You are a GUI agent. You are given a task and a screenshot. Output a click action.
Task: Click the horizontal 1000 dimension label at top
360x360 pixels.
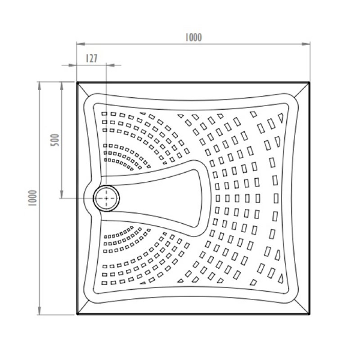tap(193, 38)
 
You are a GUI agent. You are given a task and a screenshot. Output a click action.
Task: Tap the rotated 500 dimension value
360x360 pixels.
tap(53, 140)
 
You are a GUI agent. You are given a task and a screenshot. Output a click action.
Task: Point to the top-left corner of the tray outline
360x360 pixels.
tap(77, 82)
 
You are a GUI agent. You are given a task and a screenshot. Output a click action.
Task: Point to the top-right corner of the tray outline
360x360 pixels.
tap(310, 82)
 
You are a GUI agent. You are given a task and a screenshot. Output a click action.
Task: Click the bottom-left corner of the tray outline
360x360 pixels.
tap(77, 315)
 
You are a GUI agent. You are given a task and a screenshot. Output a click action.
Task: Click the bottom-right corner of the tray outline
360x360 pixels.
tap(310, 315)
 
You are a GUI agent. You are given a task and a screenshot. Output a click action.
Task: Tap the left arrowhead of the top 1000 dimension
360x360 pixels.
tap(79, 44)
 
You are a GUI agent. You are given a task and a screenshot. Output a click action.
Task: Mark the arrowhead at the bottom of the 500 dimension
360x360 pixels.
tap(61, 195)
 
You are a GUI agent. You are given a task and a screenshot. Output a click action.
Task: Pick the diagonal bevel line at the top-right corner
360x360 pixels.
tap(301, 90)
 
